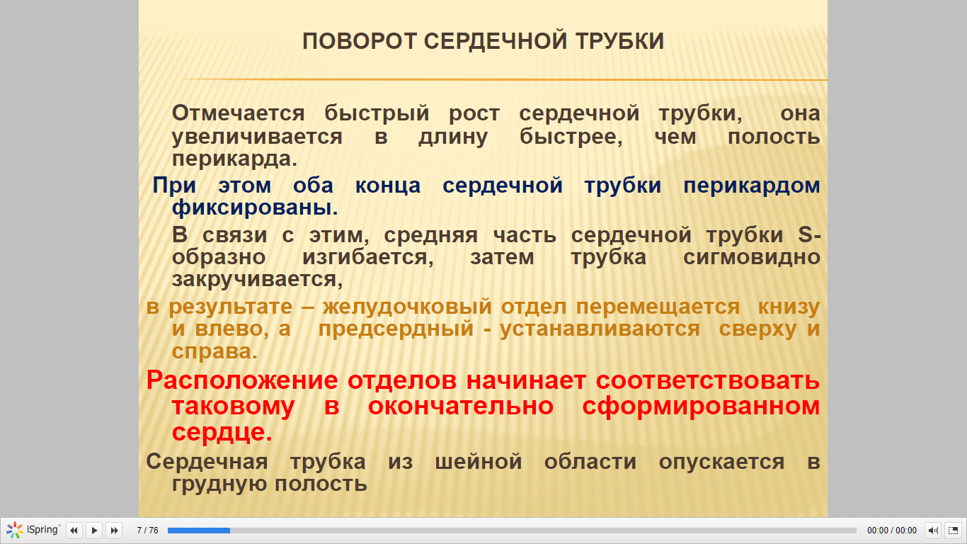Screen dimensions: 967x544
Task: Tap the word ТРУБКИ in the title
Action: coord(620,42)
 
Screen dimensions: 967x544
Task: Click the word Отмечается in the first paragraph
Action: coord(239,113)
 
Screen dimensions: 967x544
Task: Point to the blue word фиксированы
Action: coord(255,208)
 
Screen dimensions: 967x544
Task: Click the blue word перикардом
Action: coord(752,186)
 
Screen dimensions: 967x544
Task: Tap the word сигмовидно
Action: coord(752,258)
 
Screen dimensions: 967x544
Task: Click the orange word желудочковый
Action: coord(407,307)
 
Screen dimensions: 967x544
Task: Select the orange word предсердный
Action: coord(396,329)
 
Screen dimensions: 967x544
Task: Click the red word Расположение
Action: coord(242,381)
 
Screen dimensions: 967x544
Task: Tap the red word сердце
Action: coord(222,432)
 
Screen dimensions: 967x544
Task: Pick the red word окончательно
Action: coord(461,406)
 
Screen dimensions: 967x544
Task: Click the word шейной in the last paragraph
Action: coord(479,462)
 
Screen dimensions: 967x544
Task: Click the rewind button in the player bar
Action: coord(74,530)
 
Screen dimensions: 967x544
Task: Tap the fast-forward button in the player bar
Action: coord(115,530)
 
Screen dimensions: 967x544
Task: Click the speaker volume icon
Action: coord(933,530)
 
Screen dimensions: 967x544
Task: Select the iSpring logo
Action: coord(33,530)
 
